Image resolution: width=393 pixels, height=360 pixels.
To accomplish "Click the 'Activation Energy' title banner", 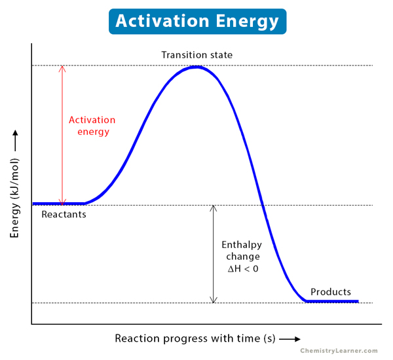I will click(196, 21).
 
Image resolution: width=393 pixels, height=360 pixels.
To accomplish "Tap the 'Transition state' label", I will click(196, 54).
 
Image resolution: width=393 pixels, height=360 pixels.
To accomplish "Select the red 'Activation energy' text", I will click(92, 126).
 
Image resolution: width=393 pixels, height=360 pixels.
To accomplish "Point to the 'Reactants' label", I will click(64, 214).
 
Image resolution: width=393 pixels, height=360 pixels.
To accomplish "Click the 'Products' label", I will click(331, 292).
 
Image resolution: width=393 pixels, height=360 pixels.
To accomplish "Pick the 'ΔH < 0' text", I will click(243, 268).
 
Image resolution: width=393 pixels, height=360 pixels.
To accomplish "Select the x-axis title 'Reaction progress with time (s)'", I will click(195, 338).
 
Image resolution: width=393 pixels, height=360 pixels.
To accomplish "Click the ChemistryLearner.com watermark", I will click(339, 351).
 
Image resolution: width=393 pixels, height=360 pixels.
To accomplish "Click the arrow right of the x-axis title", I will click(290, 339).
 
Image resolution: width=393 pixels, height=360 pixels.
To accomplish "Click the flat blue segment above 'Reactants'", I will click(59, 204).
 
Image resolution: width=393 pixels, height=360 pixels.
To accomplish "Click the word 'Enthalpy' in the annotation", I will click(243, 245).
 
